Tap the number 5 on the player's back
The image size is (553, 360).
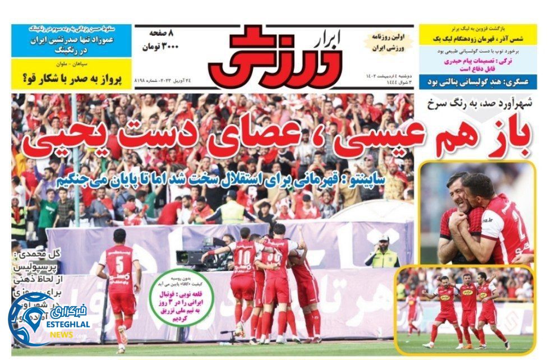tap(119, 265)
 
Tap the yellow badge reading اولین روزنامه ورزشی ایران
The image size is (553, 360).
tap(390, 42)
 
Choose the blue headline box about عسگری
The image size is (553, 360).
tap(478, 82)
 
